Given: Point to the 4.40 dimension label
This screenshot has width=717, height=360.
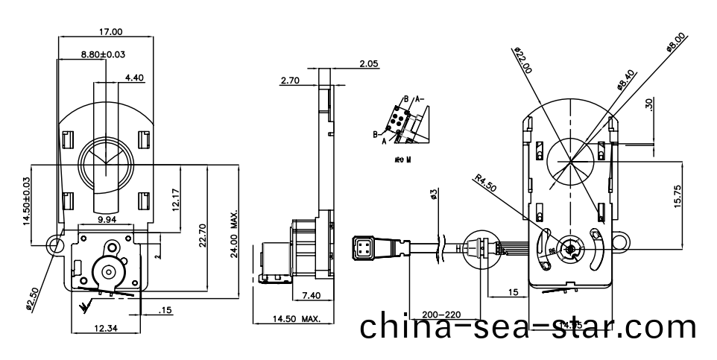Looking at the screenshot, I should (136, 77).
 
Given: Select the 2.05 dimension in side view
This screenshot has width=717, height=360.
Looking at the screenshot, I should (368, 64).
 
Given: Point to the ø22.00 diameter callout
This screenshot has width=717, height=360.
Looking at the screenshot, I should (523, 60).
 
